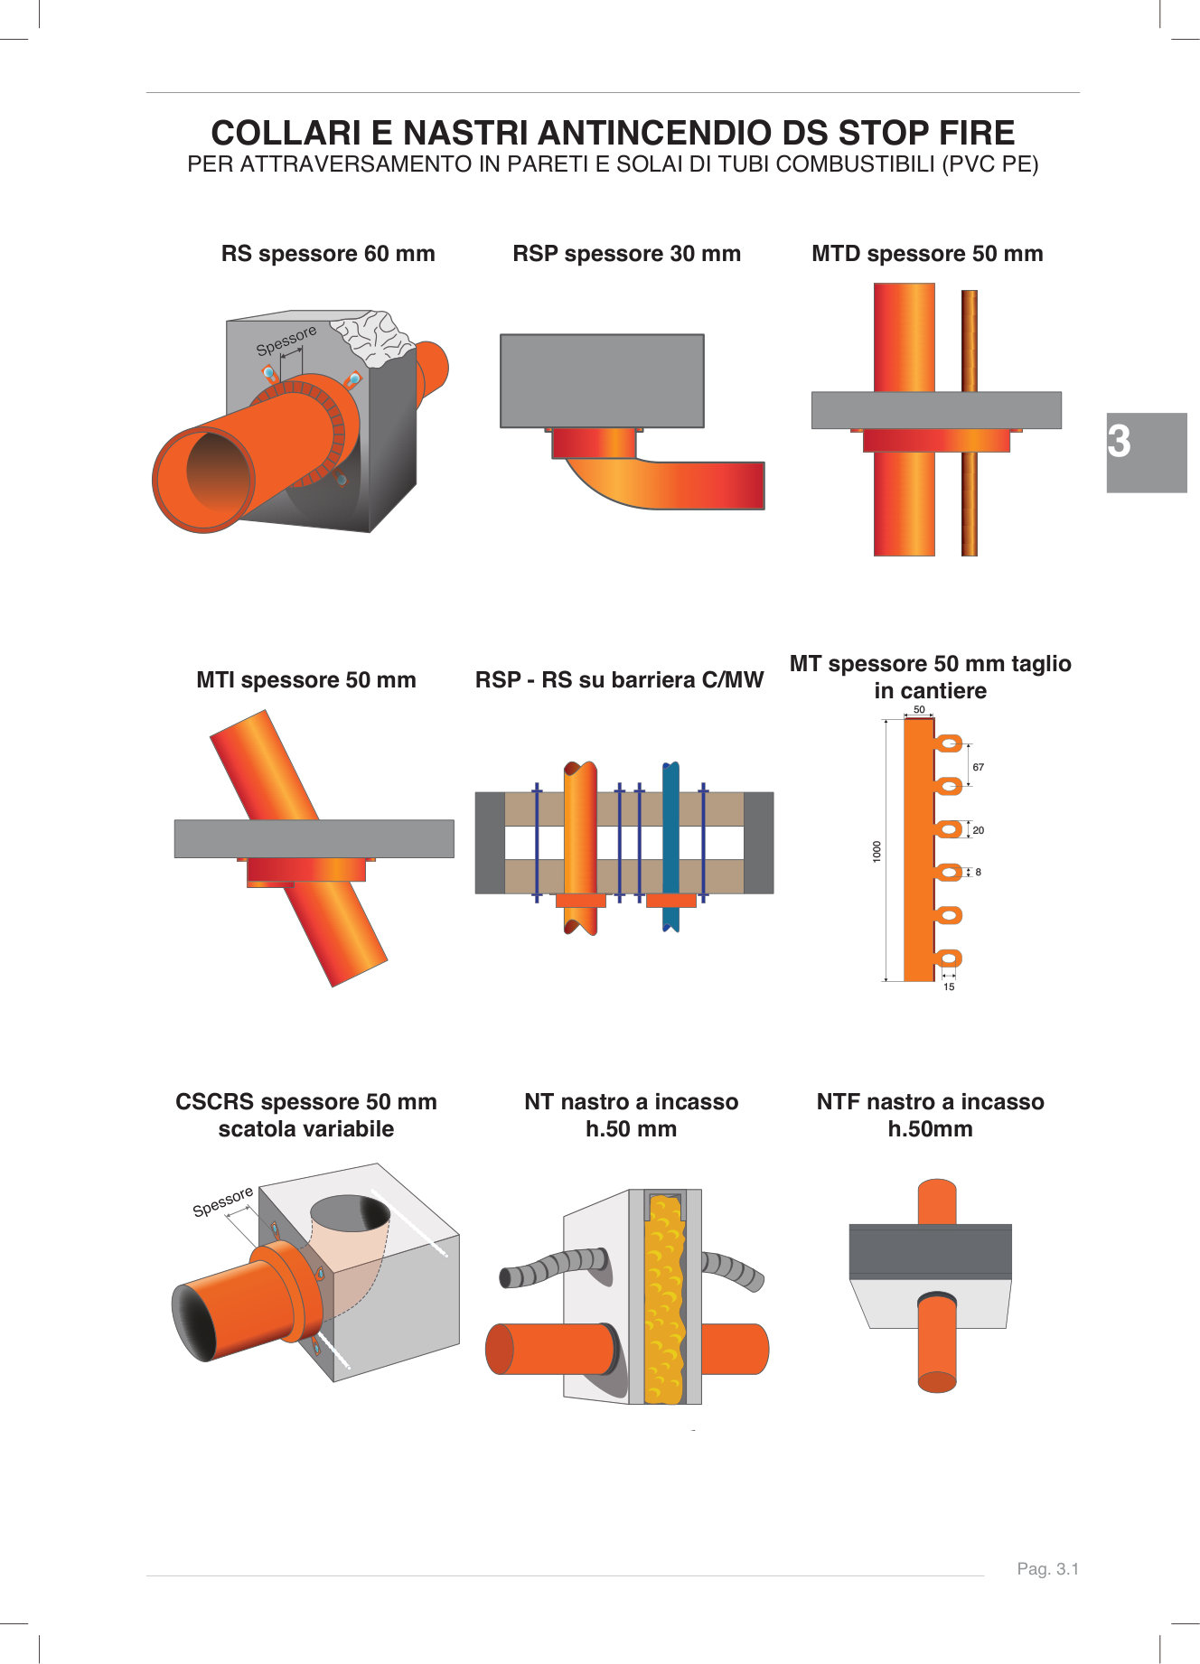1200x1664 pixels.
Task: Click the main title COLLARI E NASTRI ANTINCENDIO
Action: point(613,133)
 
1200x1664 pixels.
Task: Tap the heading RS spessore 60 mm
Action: point(328,254)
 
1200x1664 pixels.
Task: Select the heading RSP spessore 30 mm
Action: point(626,254)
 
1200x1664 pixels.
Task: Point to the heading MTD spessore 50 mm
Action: point(927,254)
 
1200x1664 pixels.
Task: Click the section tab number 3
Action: point(1120,443)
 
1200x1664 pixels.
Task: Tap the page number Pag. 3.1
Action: point(1047,1569)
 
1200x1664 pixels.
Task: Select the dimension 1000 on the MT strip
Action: point(877,851)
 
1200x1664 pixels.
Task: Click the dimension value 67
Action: point(978,767)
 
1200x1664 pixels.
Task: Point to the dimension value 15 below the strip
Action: point(949,986)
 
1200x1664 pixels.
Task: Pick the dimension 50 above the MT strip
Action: point(919,709)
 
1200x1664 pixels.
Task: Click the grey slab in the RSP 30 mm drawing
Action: point(602,380)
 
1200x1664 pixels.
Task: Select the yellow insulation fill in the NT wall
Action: point(665,1301)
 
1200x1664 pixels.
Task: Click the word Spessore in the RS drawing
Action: point(286,341)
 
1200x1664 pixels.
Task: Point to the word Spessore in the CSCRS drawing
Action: point(222,1202)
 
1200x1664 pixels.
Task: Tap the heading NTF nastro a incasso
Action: point(930,1102)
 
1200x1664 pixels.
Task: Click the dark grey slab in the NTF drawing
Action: point(930,1251)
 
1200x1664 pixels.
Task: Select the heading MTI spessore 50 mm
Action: point(306,680)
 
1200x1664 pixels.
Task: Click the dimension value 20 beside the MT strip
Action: point(978,830)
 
